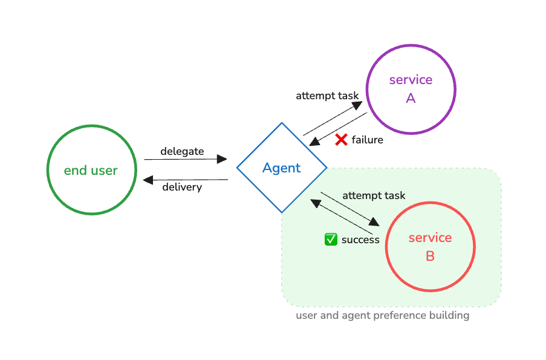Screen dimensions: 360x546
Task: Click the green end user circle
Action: click(91, 169)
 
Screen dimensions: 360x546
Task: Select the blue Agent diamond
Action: click(282, 168)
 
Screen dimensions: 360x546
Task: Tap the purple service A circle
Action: click(411, 89)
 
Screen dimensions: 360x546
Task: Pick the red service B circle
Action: click(430, 246)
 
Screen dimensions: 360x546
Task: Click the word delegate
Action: click(182, 151)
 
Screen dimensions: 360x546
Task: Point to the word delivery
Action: click(182, 187)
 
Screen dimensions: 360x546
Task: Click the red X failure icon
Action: click(341, 140)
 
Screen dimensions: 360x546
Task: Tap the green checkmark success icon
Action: click(331, 240)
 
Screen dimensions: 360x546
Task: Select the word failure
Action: click(367, 140)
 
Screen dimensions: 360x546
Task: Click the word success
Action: click(360, 240)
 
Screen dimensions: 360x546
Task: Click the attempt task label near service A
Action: click(327, 96)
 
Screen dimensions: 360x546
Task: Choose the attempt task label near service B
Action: click(374, 195)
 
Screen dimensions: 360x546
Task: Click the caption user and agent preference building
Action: click(382, 315)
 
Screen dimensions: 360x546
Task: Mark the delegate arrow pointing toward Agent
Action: click(185, 159)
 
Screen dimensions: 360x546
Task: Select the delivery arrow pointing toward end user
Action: click(185, 179)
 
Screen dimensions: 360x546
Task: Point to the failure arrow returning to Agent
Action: click(339, 129)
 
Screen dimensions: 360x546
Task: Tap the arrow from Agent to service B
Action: click(350, 209)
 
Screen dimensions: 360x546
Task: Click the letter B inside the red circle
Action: click(430, 256)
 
